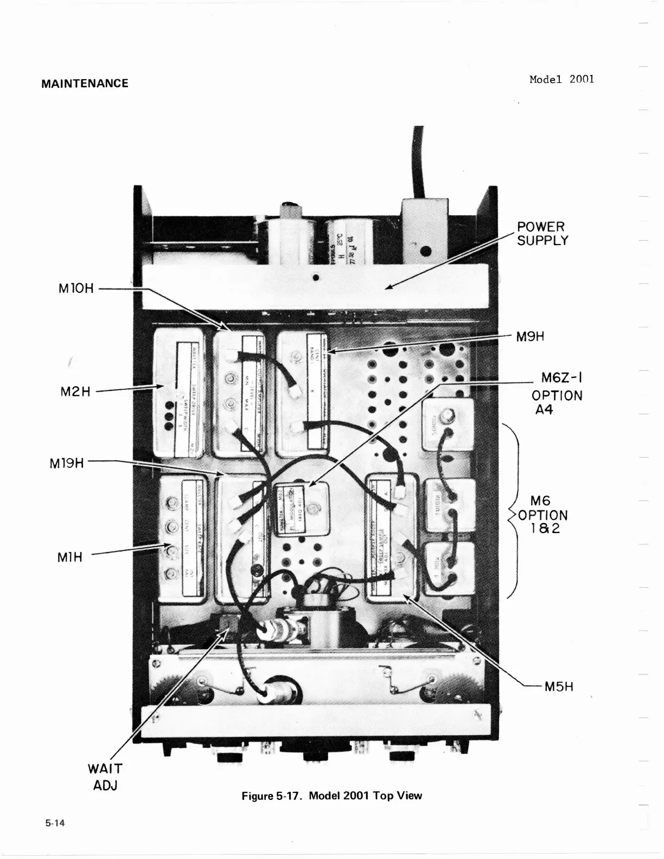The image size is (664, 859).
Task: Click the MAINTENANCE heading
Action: [x=85, y=84]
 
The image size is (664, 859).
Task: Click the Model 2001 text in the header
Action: [x=561, y=79]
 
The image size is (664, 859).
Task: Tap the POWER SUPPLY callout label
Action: [x=541, y=234]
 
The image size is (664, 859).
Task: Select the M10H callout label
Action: [x=76, y=288]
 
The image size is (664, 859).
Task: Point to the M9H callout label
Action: [x=530, y=336]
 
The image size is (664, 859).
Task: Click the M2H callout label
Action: [x=75, y=391]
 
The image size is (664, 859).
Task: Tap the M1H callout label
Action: [x=70, y=556]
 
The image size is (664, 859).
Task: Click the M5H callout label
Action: [x=559, y=687]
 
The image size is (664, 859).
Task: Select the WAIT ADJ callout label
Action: [x=105, y=776]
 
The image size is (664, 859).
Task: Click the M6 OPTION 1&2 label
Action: [x=542, y=515]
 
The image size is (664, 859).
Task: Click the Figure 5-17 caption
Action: [x=331, y=796]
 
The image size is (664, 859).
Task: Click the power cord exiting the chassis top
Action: [x=418, y=163]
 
